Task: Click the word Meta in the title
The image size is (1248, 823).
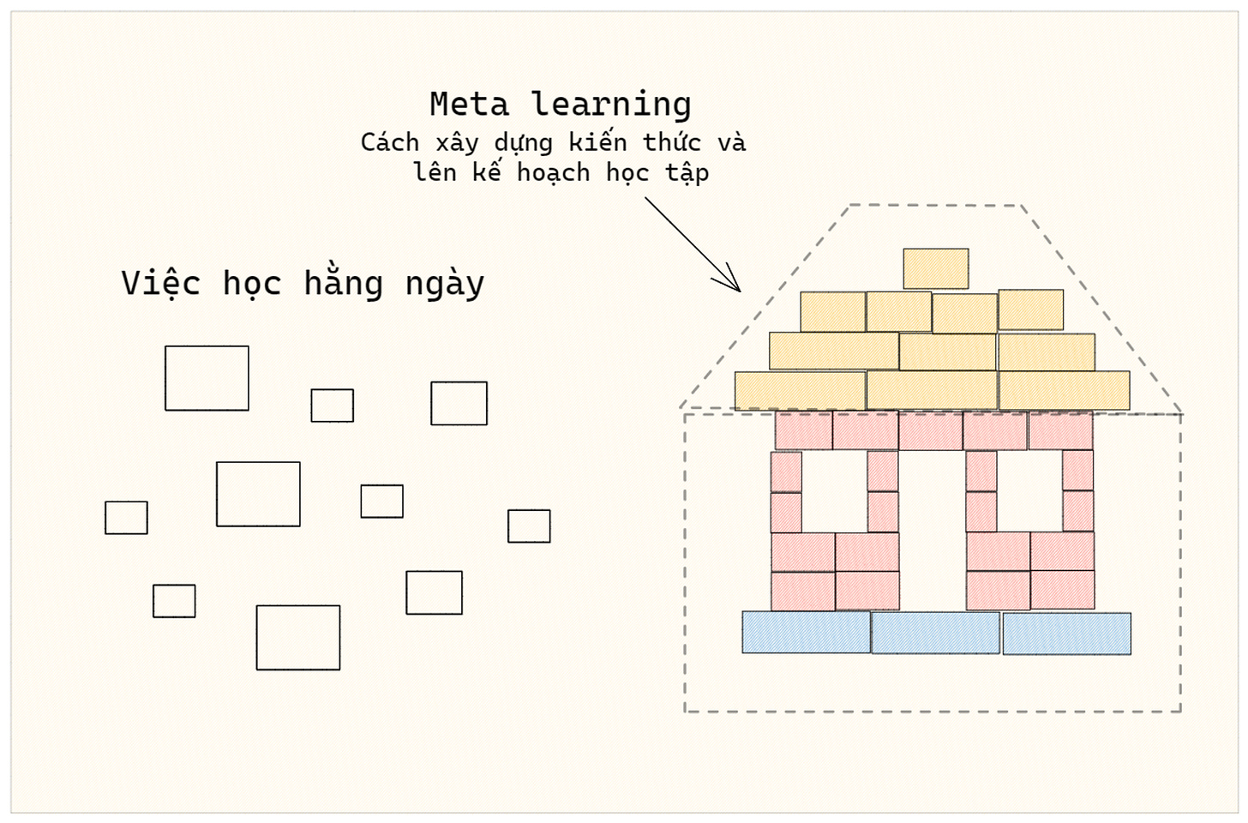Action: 469,105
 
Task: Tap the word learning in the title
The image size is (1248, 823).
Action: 611,105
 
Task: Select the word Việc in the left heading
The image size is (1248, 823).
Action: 160,283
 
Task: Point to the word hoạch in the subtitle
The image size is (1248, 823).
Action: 553,173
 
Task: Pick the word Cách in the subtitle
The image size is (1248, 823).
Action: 390,142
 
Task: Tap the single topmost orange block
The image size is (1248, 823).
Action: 936,268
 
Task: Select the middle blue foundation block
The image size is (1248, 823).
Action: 935,633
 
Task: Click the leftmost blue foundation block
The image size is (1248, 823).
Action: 806,633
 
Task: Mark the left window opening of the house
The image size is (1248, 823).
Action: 834,490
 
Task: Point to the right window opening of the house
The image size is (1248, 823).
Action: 1029,490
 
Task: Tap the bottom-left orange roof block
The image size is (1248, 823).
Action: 800,390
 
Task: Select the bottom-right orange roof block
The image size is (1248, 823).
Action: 1064,390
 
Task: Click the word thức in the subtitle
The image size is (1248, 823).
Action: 672,142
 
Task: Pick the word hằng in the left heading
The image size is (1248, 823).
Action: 343,283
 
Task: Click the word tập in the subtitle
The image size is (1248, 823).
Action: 687,173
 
